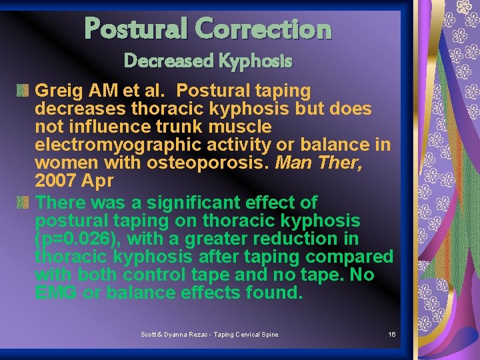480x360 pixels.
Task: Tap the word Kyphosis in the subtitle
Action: coord(257,61)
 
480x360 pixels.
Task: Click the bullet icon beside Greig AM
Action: coord(24,89)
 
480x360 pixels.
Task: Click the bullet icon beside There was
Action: coord(24,201)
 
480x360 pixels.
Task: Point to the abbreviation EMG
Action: coord(55,293)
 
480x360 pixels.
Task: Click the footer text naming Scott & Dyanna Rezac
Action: coord(209,334)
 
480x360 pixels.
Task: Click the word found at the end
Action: coord(275,293)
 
